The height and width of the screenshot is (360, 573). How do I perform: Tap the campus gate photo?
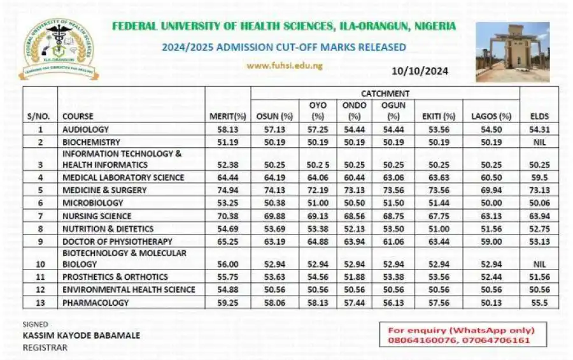[513, 52]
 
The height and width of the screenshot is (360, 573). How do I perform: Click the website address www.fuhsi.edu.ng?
[285, 65]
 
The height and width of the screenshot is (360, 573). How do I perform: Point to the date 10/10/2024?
[421, 71]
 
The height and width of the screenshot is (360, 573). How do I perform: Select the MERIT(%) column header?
[227, 117]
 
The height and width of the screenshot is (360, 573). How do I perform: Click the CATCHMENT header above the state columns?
[385, 94]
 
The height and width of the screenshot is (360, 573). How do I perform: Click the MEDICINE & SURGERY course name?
[104, 190]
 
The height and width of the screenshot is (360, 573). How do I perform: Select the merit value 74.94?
[227, 190]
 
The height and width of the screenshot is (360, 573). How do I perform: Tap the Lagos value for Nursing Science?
[492, 216]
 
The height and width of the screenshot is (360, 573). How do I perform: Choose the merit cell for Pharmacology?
[227, 303]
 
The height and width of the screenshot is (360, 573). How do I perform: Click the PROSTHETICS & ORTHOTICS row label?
[115, 277]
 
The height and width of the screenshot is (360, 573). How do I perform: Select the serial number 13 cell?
[40, 303]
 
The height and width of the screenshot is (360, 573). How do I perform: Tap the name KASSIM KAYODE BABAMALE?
[81, 335]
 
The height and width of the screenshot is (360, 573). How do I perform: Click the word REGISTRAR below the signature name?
[45, 347]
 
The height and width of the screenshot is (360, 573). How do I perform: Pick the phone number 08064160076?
[418, 341]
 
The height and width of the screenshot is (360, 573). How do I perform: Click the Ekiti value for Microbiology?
[439, 203]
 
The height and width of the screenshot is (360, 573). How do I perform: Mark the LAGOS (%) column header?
[492, 117]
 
